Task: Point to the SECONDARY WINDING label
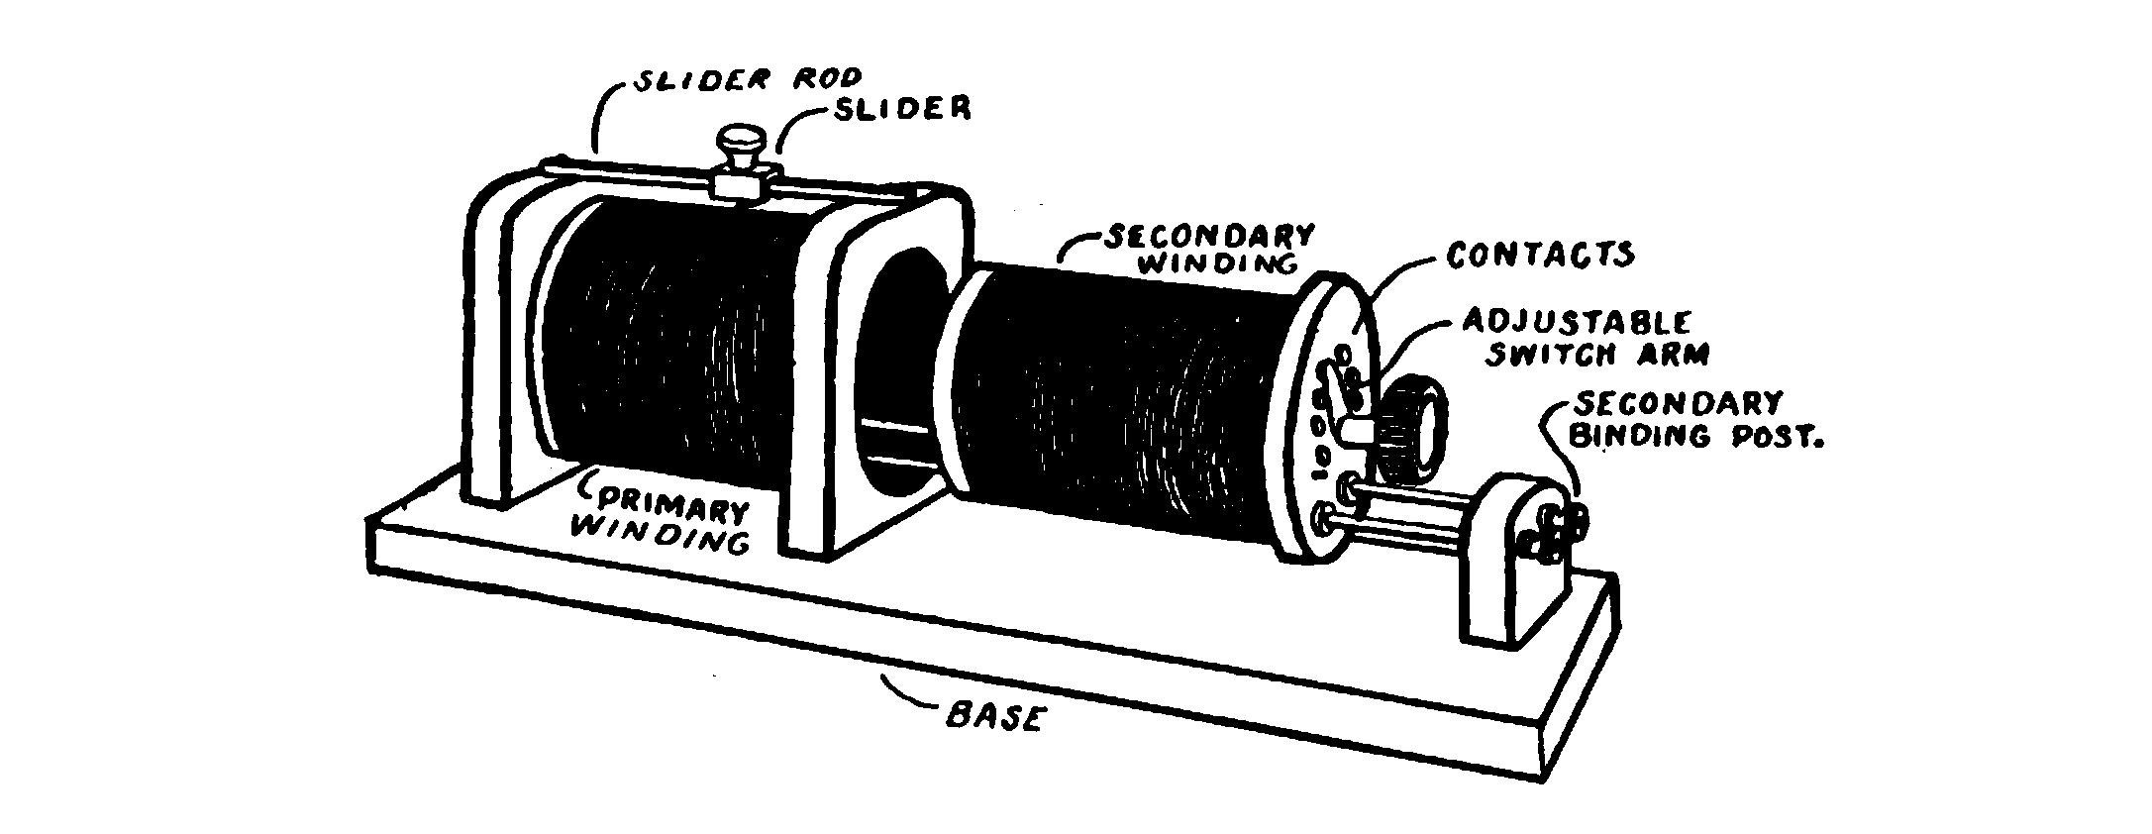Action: tap(1209, 248)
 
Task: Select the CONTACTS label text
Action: tap(1539, 256)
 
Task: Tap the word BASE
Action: tap(993, 716)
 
